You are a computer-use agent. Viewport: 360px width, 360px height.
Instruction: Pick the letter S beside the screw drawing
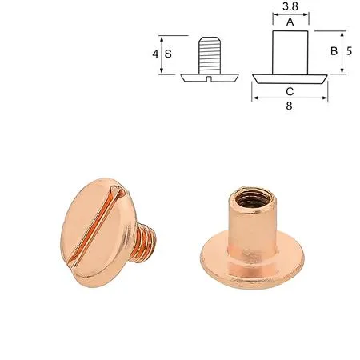168,54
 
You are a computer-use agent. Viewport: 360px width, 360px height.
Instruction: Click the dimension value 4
154,54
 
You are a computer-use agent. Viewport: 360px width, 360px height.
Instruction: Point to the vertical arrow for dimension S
162,54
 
